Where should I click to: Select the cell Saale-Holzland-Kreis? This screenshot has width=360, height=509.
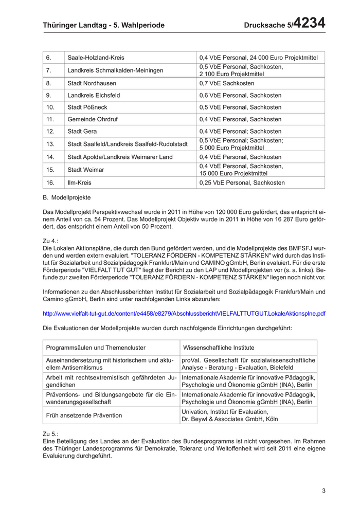click(96, 58)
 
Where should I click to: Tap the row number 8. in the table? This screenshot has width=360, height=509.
click(49, 83)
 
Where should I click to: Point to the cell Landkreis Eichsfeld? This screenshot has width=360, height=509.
click(94, 95)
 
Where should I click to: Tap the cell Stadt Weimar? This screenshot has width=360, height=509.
click(86, 170)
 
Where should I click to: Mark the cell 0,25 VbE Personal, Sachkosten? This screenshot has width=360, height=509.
click(242, 183)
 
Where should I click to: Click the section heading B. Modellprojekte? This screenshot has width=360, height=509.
click(67, 197)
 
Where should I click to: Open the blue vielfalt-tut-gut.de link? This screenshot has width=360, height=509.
click(184, 313)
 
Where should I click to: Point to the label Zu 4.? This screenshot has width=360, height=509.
click(51, 240)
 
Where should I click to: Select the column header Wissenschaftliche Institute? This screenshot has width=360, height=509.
click(219, 348)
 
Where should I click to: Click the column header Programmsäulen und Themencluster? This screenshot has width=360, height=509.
click(96, 348)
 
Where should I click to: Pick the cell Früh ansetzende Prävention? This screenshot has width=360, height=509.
click(84, 415)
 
